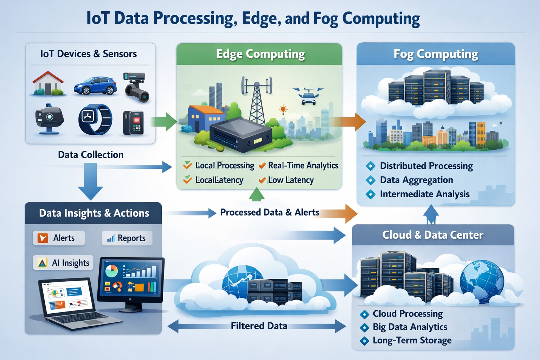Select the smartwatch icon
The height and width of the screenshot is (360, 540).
(x=95, y=120)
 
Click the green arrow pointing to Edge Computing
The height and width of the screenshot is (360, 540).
(x=164, y=122)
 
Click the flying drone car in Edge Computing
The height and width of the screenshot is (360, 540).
(x=308, y=96)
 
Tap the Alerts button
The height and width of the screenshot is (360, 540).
(x=59, y=238)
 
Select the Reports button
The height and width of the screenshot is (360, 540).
(x=127, y=238)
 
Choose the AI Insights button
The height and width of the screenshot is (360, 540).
(x=63, y=263)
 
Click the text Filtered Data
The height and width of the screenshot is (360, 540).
(x=259, y=326)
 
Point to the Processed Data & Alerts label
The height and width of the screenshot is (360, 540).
(x=269, y=212)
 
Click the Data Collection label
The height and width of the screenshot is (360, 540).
(x=91, y=155)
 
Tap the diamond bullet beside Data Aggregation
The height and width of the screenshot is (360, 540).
(x=370, y=180)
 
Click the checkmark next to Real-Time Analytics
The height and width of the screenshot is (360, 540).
(x=262, y=166)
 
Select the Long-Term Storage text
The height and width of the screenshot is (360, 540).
(x=412, y=340)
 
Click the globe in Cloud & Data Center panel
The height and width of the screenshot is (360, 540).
(x=482, y=282)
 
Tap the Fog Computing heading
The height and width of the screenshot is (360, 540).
(x=436, y=54)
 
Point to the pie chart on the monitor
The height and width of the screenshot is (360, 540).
(x=111, y=271)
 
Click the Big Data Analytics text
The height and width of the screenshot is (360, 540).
(x=410, y=327)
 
